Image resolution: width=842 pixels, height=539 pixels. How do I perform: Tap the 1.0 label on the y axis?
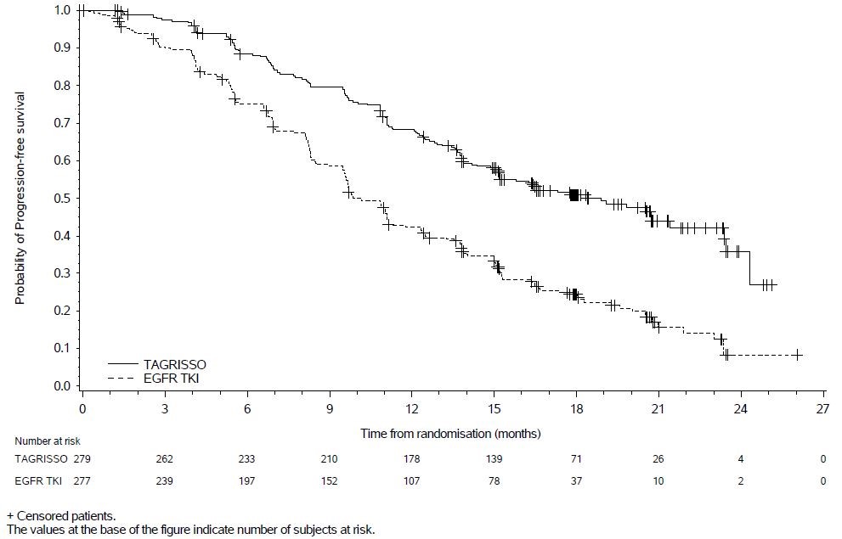pyautogui.click(x=62, y=10)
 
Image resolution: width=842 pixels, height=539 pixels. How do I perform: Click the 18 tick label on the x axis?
pyautogui.click(x=576, y=409)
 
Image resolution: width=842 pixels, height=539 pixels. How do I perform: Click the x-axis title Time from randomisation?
pyautogui.click(x=450, y=433)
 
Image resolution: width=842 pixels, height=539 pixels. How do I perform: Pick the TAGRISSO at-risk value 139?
pyautogui.click(x=494, y=459)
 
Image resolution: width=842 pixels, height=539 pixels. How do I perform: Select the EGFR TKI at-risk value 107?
pyautogui.click(x=411, y=481)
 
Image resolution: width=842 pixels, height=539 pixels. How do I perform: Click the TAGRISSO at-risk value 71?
pyautogui.click(x=576, y=459)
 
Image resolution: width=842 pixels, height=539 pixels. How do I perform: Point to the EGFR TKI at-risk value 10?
pyautogui.click(x=658, y=481)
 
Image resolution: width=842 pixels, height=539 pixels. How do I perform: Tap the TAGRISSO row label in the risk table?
pyautogui.click(x=38, y=459)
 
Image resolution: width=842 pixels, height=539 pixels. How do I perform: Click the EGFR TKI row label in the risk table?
pyautogui.click(x=37, y=481)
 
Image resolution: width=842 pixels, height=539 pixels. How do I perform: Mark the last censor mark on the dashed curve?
pyautogui.click(x=798, y=355)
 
